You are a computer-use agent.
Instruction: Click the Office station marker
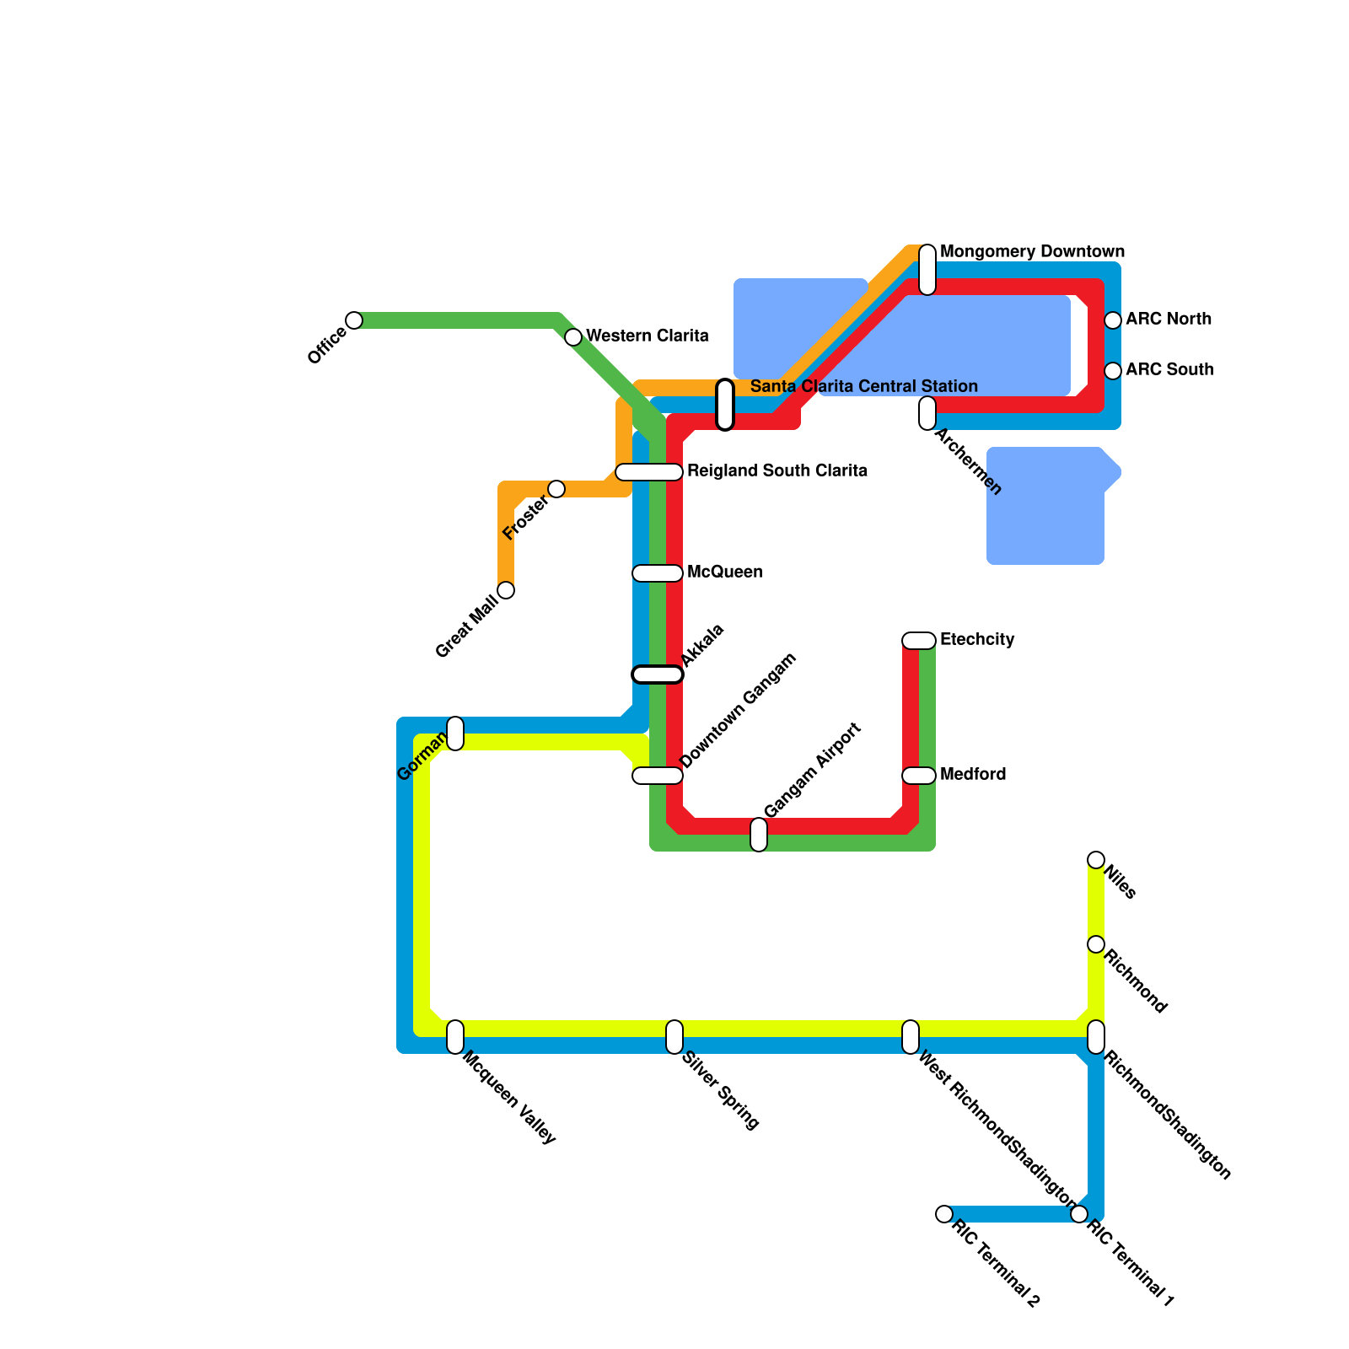tap(354, 320)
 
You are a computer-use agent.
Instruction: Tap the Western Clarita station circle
tap(573, 337)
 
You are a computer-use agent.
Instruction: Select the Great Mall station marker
tap(506, 590)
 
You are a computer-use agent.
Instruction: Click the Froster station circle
tap(556, 489)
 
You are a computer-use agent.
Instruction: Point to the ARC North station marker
tap(1113, 320)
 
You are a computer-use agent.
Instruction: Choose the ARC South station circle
tap(1113, 371)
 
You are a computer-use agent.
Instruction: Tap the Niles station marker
tap(1096, 860)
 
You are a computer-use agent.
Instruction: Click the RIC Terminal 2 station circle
tap(944, 1214)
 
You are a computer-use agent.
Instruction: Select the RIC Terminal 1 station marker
tap(1079, 1214)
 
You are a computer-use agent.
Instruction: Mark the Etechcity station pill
tap(919, 641)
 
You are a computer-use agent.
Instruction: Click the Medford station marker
tap(919, 776)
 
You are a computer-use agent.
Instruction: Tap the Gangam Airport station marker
tap(759, 835)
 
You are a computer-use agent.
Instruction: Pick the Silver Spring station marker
tap(674, 1037)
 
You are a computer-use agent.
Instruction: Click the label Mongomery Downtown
tap(1032, 252)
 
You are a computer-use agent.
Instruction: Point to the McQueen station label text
tap(724, 572)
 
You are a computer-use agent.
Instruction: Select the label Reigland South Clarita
tap(777, 471)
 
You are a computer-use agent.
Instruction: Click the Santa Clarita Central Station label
tap(863, 387)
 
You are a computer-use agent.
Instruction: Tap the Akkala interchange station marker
tap(658, 674)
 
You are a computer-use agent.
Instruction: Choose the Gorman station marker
tap(455, 734)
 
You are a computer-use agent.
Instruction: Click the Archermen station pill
tap(927, 413)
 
